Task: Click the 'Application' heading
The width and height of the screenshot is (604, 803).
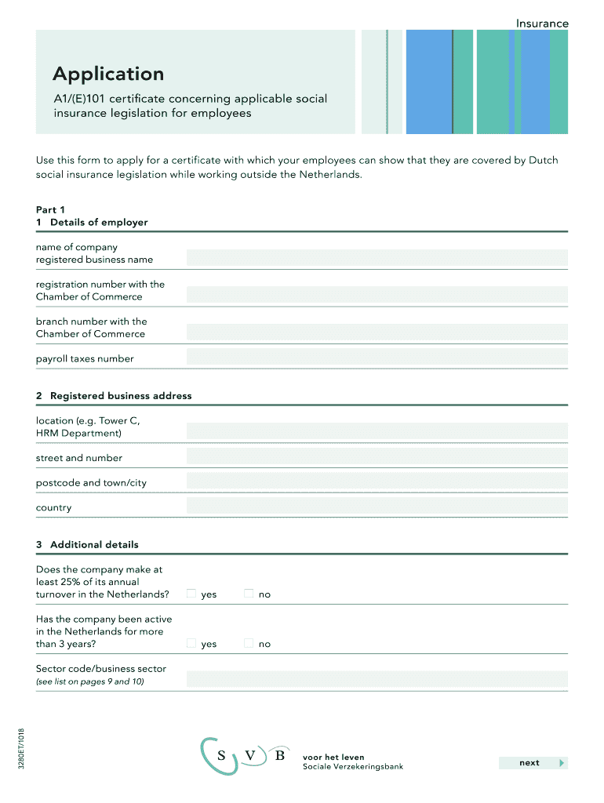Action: tap(108, 74)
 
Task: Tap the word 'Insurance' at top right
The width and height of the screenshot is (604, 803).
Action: tap(541, 24)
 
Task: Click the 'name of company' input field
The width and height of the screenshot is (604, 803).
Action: tap(377, 257)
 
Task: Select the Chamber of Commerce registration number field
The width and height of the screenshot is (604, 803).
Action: tap(377, 295)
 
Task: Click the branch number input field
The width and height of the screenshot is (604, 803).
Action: tap(377, 332)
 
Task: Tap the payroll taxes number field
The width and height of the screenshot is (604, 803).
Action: tap(377, 358)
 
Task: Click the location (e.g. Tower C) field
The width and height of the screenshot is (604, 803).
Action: tap(377, 431)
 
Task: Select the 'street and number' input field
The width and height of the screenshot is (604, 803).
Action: tap(377, 457)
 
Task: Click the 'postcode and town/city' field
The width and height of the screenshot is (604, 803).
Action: tap(377, 482)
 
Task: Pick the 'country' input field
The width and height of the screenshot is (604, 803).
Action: tap(377, 507)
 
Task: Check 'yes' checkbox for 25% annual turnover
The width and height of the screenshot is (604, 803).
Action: tap(191, 594)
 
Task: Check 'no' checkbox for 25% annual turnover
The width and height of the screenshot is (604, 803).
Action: tap(249, 594)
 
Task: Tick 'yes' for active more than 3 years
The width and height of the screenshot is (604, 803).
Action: tap(191, 643)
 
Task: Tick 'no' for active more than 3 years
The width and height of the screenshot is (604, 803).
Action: tap(249, 643)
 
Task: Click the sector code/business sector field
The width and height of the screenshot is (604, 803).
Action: tap(377, 679)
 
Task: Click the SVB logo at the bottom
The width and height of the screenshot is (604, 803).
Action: tap(243, 756)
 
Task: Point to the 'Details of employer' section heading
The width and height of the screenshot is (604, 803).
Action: tap(99, 222)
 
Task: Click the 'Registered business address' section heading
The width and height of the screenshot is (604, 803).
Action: tap(121, 396)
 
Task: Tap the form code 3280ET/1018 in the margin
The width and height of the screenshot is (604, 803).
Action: tap(21, 748)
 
